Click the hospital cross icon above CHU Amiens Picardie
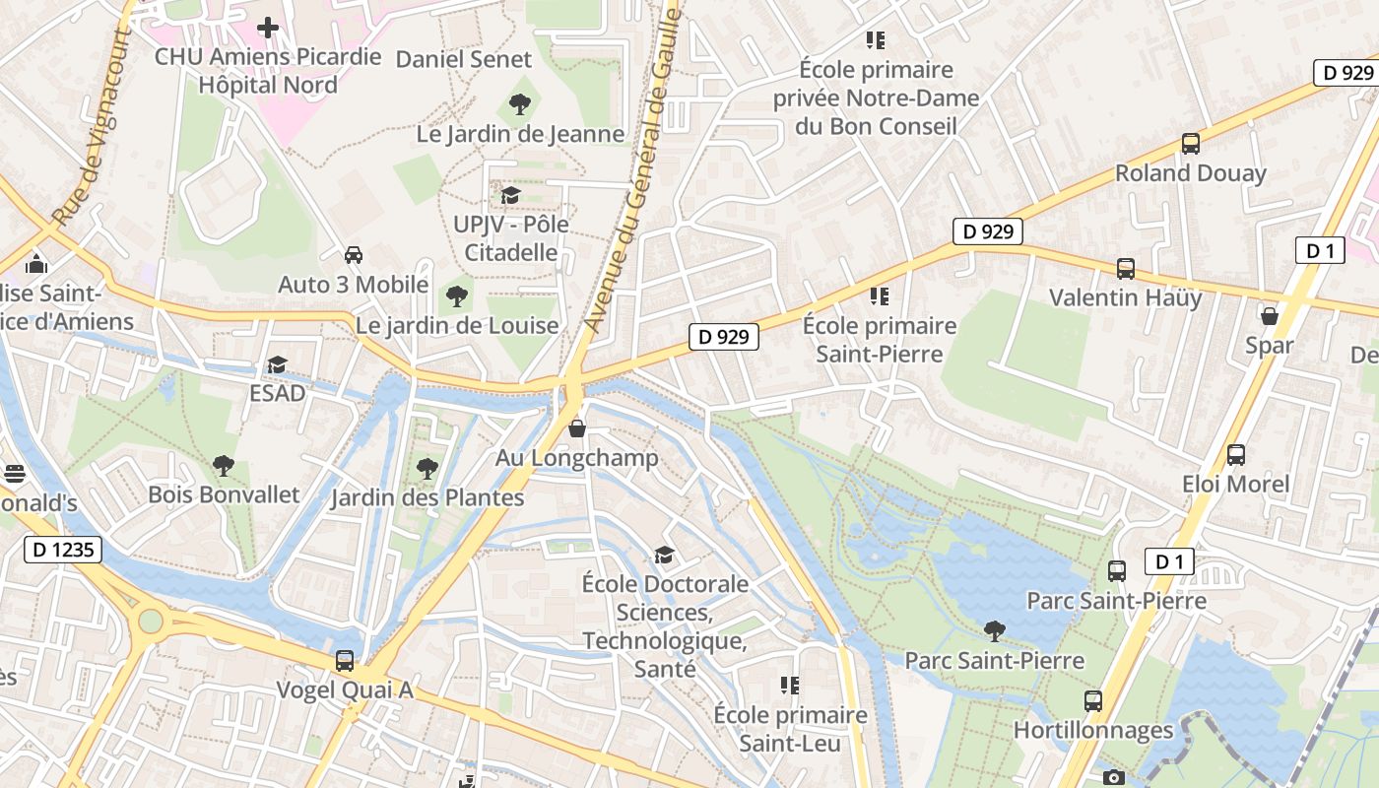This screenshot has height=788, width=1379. tap(268, 28)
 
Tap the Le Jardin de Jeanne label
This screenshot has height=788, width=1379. tap(520, 134)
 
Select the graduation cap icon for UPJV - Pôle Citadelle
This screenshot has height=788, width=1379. tap(510, 195)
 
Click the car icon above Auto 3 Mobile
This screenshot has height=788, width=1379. tap(354, 255)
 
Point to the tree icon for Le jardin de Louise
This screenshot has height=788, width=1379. tap(456, 295)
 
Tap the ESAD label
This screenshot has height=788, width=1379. tap(277, 393)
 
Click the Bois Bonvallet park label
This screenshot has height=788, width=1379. tap(224, 493)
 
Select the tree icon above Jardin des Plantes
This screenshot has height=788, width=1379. tap(427, 468)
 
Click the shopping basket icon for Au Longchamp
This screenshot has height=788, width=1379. tap(577, 428)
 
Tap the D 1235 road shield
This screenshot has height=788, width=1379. tap(63, 550)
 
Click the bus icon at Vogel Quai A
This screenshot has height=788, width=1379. tap(345, 661)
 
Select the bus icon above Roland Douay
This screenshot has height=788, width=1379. tap(1191, 144)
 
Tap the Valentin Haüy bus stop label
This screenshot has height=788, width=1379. tap(1125, 297)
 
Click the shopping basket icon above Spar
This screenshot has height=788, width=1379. tap(1270, 316)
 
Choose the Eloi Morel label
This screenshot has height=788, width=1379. tap(1235, 484)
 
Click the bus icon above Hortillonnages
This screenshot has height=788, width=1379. tap(1093, 701)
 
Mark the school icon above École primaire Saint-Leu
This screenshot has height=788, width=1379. tap(790, 685)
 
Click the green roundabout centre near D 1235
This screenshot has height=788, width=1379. tap(151, 622)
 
